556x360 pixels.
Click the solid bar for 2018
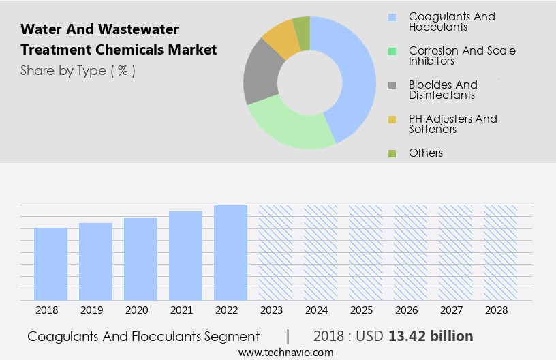click(50, 264)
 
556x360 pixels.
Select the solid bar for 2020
click(140, 259)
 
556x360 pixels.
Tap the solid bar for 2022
click(230, 252)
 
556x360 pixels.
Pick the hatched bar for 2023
click(275, 252)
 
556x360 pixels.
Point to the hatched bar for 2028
click(500, 252)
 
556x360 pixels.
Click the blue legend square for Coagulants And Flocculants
click(392, 17)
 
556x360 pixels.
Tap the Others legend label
click(426, 153)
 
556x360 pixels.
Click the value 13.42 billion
click(431, 336)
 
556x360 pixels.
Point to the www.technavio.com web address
click(285, 352)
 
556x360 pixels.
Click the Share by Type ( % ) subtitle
click(78, 70)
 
